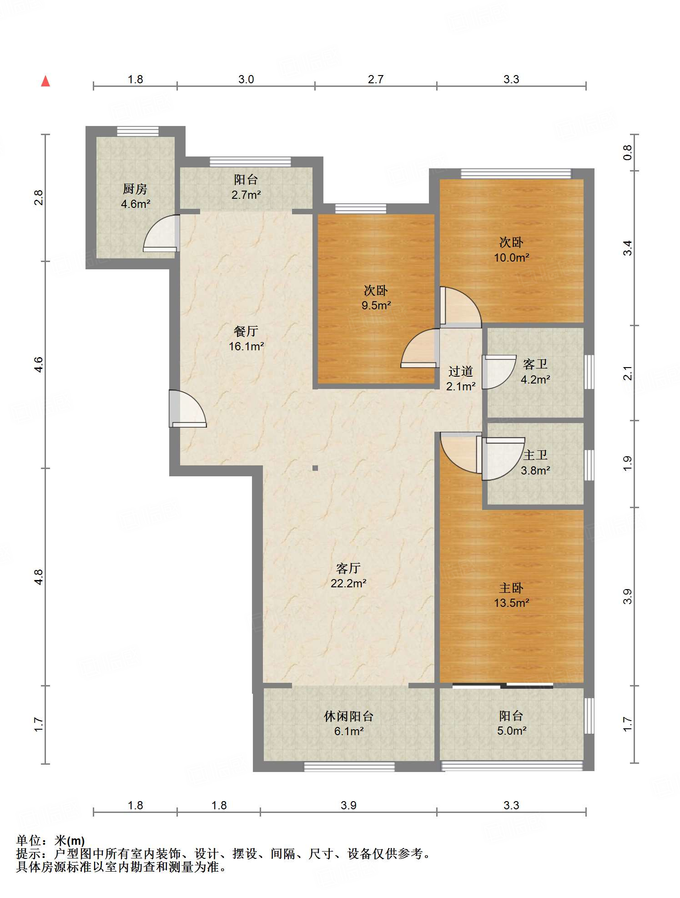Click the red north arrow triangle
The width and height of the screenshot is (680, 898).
tap(45, 81)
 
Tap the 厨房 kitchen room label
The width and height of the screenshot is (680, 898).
tap(135, 196)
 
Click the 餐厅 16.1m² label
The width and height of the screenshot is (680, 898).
tap(246, 338)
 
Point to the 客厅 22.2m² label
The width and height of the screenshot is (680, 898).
tap(348, 575)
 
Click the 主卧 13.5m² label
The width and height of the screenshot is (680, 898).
tap(511, 595)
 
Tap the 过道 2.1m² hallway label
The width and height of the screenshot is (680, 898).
tap(461, 378)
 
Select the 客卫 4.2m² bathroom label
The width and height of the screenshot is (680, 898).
tap(535, 371)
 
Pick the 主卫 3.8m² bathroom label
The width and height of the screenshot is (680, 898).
tap(535, 462)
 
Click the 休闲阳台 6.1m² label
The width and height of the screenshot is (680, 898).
tap(348, 723)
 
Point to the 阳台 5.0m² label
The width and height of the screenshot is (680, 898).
tap(511, 723)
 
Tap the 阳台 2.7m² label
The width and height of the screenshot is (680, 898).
tap(246, 187)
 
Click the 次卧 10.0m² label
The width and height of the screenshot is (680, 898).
tap(511, 250)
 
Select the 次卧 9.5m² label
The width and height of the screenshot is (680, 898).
tap(376, 298)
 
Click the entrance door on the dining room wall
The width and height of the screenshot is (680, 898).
tap(187, 409)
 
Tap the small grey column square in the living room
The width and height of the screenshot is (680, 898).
tap(315, 468)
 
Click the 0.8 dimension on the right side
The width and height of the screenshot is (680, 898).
tap(627, 152)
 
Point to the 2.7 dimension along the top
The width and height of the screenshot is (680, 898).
tap(376, 79)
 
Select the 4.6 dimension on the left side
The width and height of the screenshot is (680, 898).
tap(39, 365)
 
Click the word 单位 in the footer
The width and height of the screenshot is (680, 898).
tap(29, 841)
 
